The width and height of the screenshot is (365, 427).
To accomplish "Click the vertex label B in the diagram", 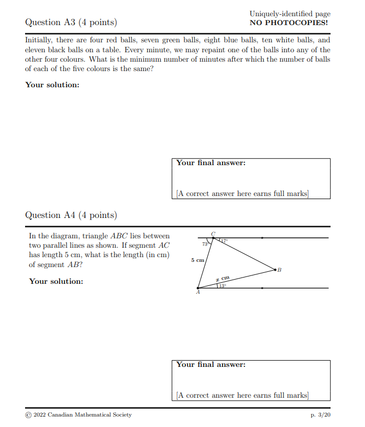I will (x=279, y=270).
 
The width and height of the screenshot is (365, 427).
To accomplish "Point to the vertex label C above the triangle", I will (x=213, y=234).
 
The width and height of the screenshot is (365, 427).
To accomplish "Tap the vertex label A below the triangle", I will (x=198, y=293).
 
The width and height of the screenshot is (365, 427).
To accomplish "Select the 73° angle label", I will (x=205, y=244).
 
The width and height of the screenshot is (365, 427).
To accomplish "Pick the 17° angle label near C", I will (x=224, y=241).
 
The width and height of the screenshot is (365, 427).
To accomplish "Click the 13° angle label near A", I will (x=222, y=285).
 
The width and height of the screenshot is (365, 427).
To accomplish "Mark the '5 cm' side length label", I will (x=197, y=260).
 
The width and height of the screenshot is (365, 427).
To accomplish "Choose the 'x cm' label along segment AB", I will (x=223, y=279).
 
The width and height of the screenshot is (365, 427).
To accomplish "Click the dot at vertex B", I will (x=275, y=270).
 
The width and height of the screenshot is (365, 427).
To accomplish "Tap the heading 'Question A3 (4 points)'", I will (x=71, y=22).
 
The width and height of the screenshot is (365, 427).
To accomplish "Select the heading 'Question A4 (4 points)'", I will (x=71, y=215).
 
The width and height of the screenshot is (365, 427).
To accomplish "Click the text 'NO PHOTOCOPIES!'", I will (x=290, y=22).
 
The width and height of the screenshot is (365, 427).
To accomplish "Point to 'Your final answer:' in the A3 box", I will (x=210, y=163).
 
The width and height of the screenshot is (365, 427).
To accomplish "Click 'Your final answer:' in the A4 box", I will (x=210, y=364).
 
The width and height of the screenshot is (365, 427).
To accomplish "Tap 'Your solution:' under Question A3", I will (x=52, y=84).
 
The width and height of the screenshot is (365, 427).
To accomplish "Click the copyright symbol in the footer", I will (x=28, y=414).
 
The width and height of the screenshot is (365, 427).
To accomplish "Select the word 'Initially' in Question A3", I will (x=38, y=40).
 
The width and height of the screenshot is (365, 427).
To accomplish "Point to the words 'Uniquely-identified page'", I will (x=290, y=14).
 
